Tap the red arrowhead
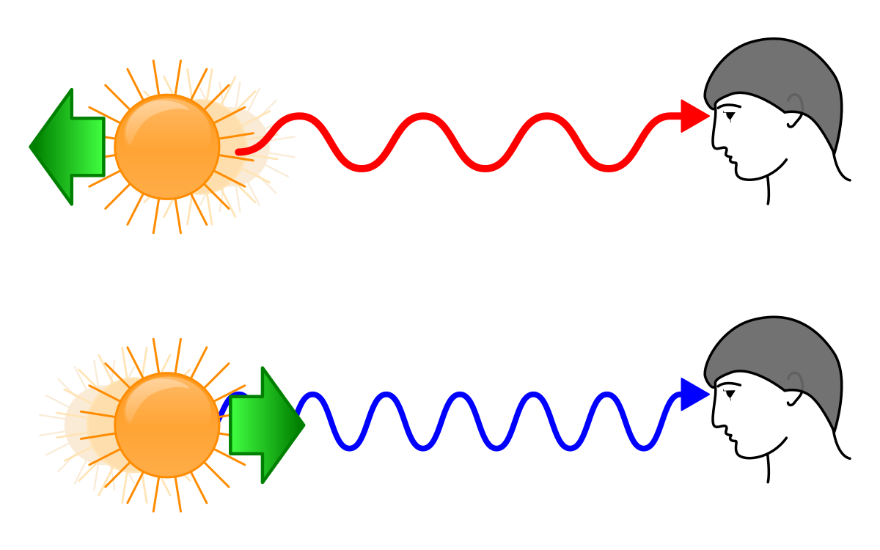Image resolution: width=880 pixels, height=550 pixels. (x=694, y=116)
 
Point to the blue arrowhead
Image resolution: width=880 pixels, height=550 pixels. (x=694, y=395)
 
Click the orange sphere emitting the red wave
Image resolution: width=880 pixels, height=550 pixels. (x=167, y=147)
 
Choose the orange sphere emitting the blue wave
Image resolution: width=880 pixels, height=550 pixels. (x=167, y=425)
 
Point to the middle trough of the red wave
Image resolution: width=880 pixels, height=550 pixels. (x=485, y=168)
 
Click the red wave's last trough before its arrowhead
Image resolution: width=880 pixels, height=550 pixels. (x=609, y=168)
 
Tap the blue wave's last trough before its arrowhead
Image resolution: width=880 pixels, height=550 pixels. (x=644, y=447)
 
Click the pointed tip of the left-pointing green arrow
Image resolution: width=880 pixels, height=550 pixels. (x=31, y=147)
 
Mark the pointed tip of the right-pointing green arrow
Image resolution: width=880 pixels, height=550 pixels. (x=304, y=425)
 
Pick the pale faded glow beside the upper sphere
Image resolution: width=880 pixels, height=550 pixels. (x=246, y=147)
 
